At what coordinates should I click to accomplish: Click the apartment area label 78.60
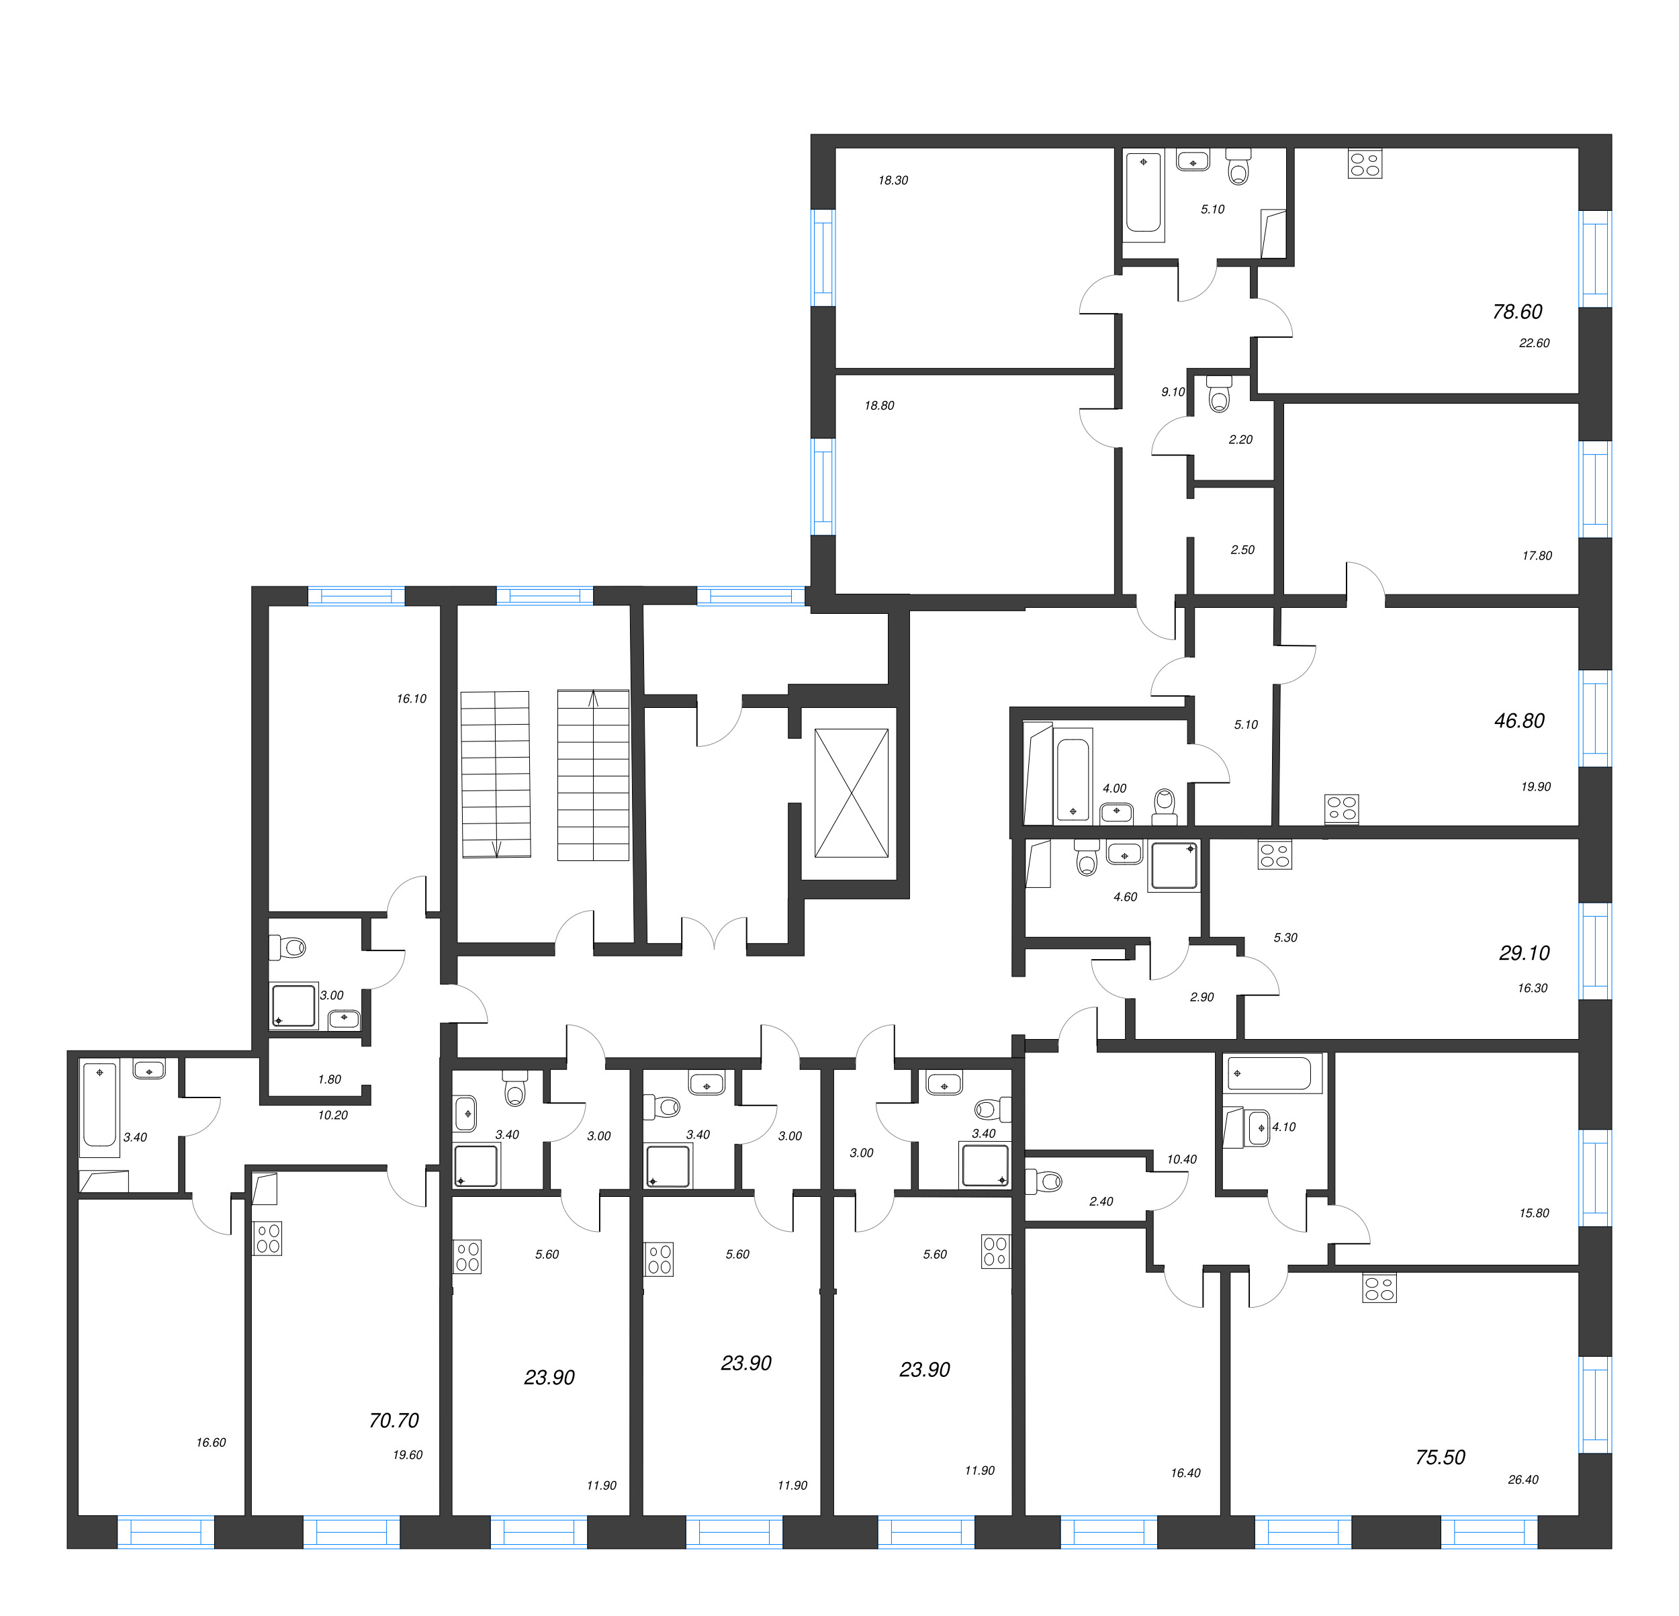[x=1517, y=312]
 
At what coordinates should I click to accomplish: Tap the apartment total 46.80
[x=1518, y=721]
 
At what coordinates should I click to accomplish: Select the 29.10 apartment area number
[x=1524, y=953]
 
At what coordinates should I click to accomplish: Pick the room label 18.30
[x=893, y=180]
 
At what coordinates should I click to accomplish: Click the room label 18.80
[x=879, y=405]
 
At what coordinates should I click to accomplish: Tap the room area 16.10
[x=411, y=699]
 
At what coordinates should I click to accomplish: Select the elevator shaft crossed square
[x=852, y=793]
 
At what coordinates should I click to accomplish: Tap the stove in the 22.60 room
[x=1365, y=164]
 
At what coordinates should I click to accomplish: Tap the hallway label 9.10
[x=1173, y=392]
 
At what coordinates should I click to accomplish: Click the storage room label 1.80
[x=330, y=1079]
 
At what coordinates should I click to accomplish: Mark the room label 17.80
[x=1537, y=555]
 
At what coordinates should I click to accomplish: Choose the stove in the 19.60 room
[x=268, y=1238]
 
